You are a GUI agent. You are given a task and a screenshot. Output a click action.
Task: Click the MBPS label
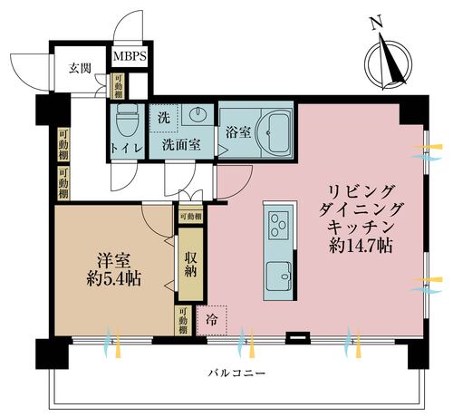130,56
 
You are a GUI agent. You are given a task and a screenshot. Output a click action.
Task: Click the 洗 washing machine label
163,116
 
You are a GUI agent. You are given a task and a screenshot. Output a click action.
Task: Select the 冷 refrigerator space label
211,319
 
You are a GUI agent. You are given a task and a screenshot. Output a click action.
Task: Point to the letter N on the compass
375,21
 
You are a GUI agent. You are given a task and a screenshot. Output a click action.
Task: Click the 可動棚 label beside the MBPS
119,83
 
